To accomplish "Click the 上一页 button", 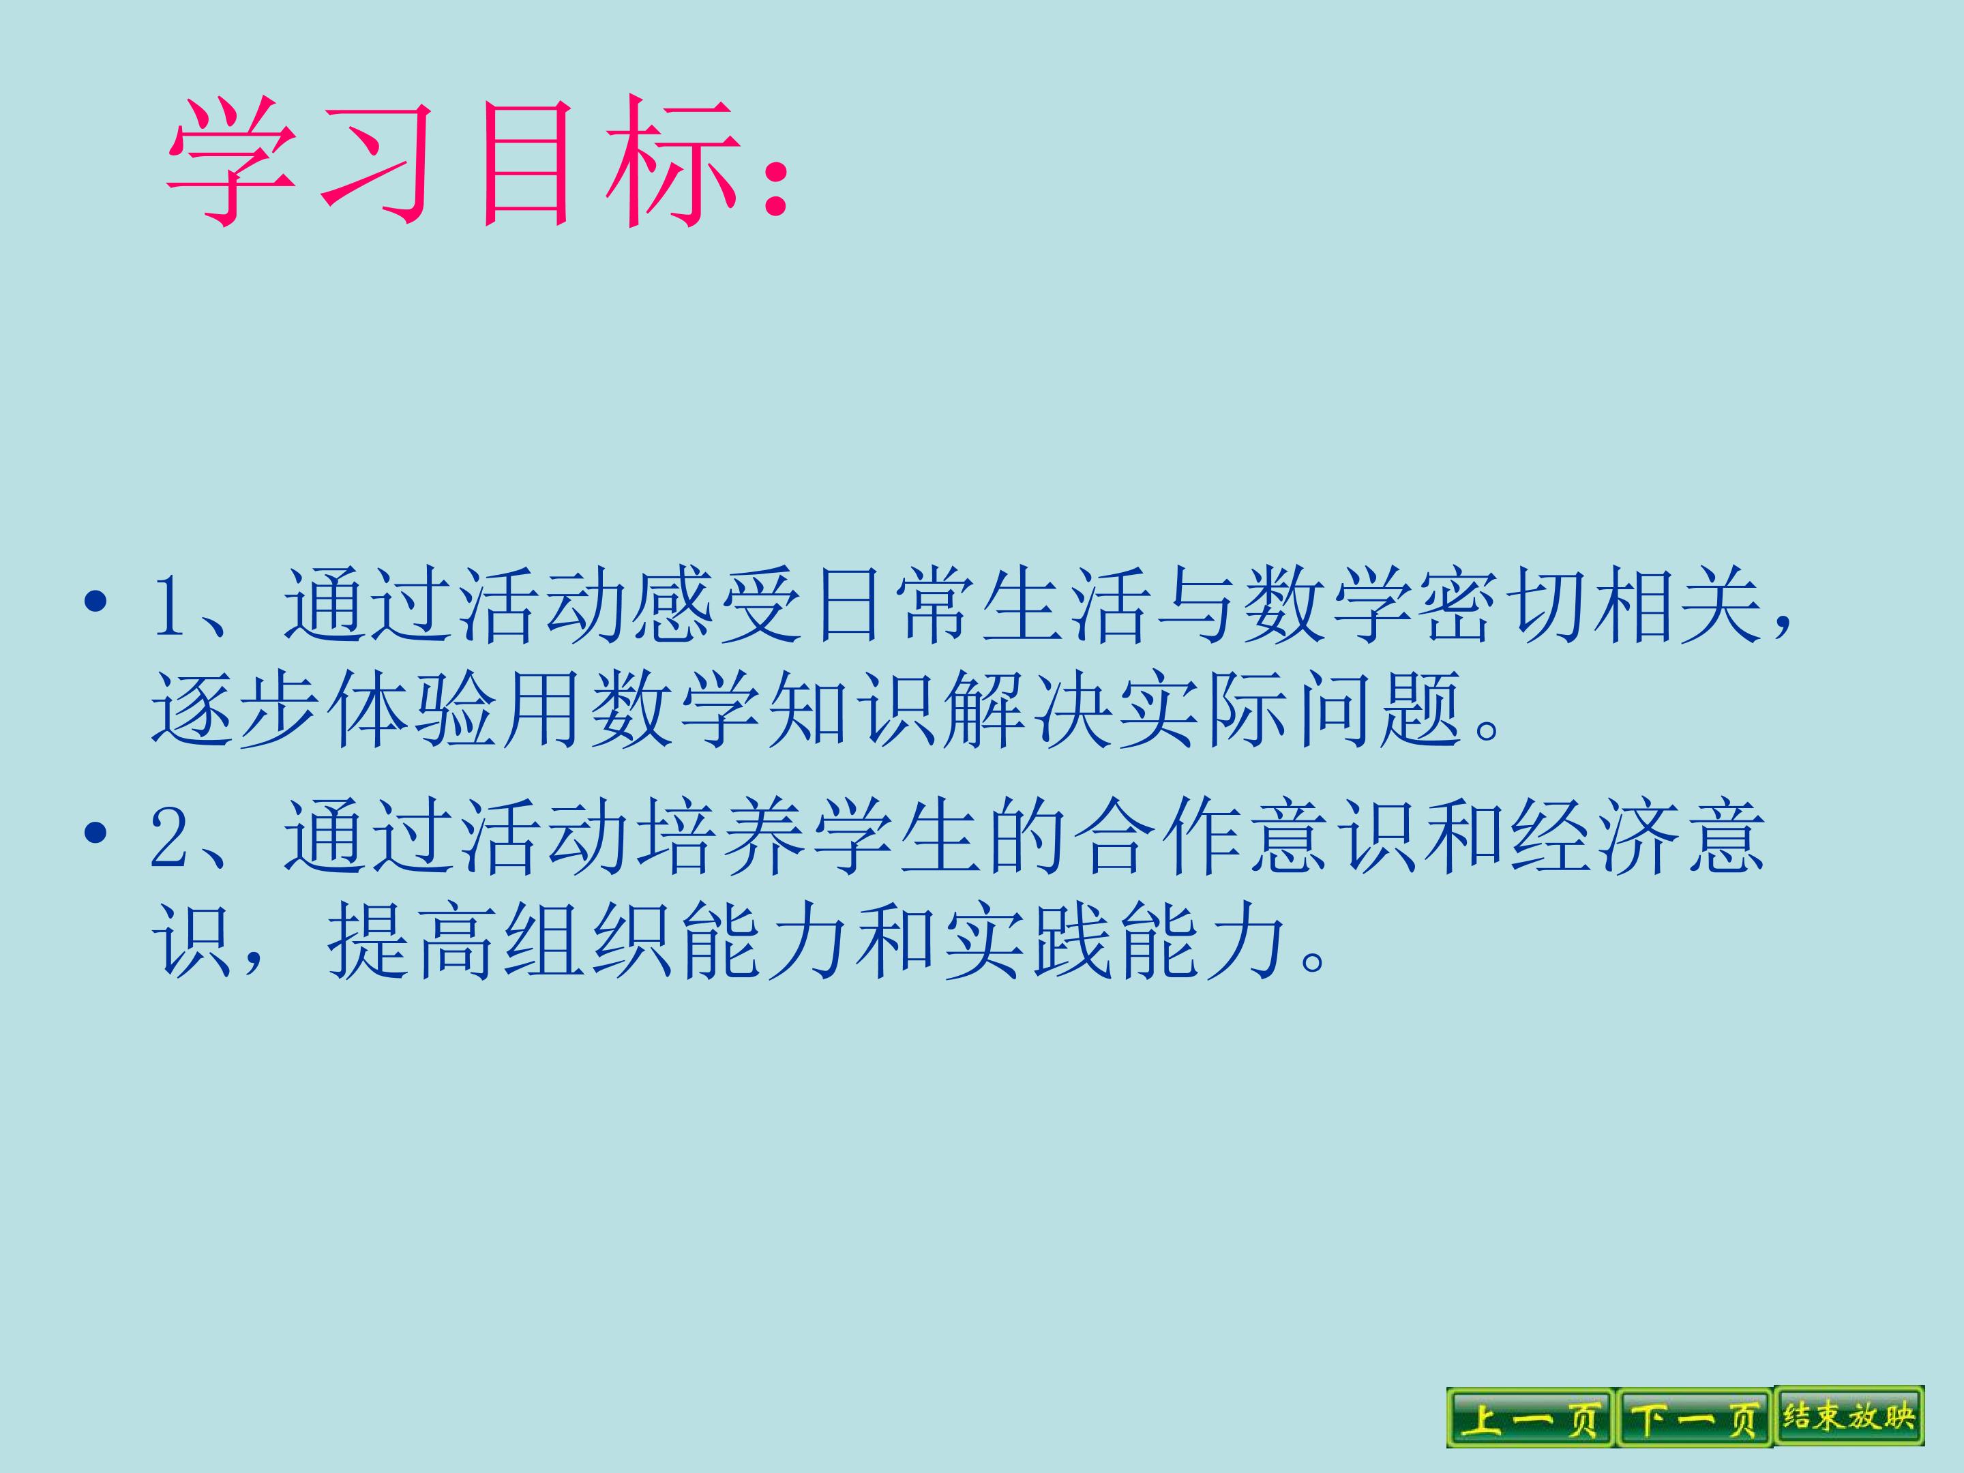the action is click(x=1530, y=1418).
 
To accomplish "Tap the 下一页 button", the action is click(x=1694, y=1418).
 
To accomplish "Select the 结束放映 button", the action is click(x=1849, y=1416).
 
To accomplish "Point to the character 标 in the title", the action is click(x=671, y=162).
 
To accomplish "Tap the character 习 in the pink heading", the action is click(x=376, y=162).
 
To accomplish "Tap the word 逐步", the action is click(x=236, y=709).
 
